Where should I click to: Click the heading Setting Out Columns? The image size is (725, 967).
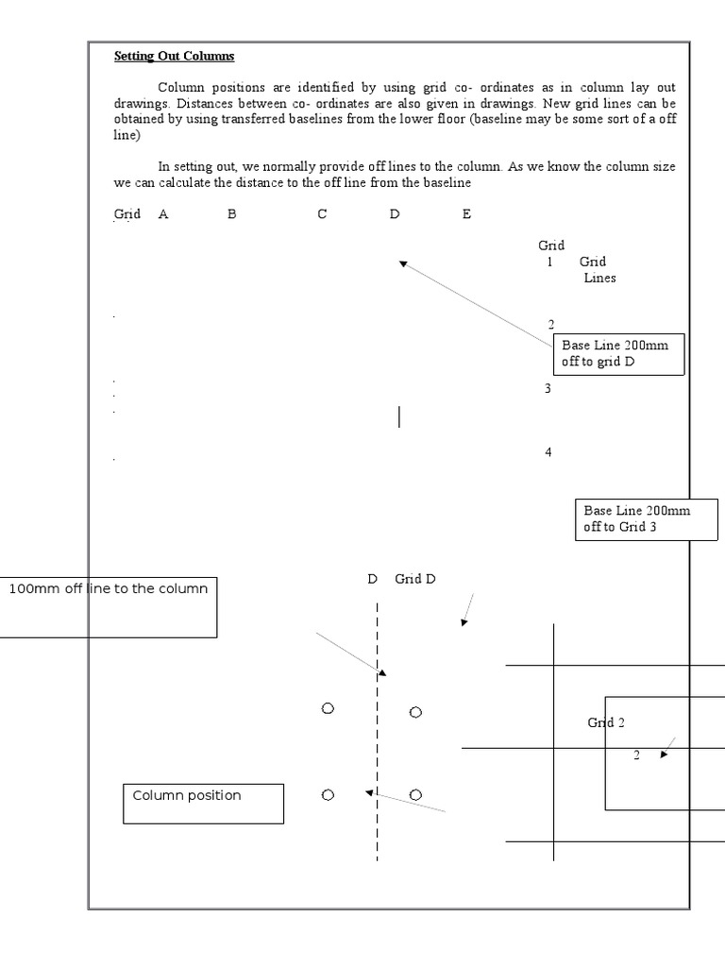pos(174,56)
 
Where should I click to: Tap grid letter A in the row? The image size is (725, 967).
pos(163,214)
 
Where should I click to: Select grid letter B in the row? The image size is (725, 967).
pos(231,214)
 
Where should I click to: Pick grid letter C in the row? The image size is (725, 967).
pos(322,214)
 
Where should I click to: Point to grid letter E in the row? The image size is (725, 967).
pos(466,214)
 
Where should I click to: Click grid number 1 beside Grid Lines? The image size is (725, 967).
pos(549,262)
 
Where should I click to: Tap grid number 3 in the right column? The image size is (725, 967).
pos(548,388)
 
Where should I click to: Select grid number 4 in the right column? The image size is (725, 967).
pos(548,452)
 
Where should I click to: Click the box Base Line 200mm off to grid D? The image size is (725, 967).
pos(618,354)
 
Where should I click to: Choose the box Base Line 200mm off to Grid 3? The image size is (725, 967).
pos(646,519)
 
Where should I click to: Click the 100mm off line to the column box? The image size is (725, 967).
pos(109,606)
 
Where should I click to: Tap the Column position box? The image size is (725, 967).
pos(203,803)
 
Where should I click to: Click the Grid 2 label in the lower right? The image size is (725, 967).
pos(606,722)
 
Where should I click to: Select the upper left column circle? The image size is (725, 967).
pos(328,708)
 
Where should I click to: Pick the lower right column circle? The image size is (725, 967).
pos(415,794)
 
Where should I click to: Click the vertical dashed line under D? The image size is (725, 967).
pos(378,737)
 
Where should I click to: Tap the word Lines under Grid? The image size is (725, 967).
pos(599,278)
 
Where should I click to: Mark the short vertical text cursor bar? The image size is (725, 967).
pos(399,416)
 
